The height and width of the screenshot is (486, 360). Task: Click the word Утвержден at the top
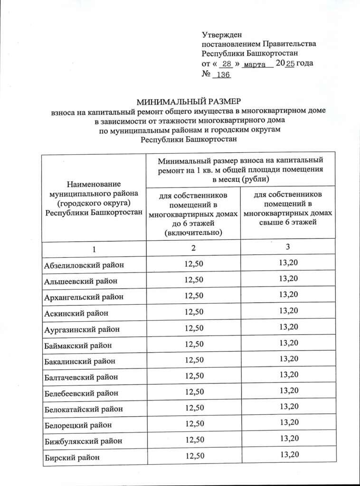(x=222, y=35)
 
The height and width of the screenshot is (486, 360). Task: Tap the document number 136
(x=223, y=75)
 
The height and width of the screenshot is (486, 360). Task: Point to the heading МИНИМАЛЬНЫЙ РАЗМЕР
(x=189, y=102)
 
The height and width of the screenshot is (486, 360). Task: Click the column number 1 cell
(x=94, y=249)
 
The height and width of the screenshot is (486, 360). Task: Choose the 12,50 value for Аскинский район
(x=193, y=312)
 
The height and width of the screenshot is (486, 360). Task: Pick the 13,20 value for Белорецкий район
(x=289, y=422)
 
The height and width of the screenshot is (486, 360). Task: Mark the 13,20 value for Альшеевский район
(x=289, y=279)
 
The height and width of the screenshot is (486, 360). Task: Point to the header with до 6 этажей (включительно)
(x=193, y=214)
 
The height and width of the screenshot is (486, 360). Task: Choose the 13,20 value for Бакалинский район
(x=289, y=359)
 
